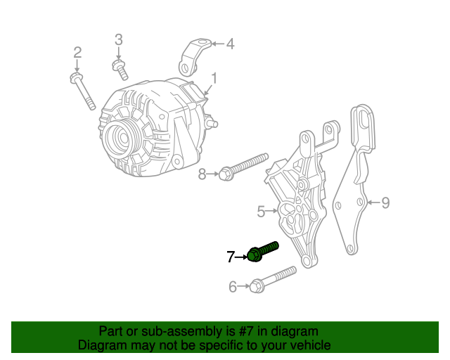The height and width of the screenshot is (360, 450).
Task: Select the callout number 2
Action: tap(77, 52)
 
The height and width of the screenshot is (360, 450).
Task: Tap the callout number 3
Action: tap(118, 39)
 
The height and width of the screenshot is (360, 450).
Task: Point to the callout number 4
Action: tap(230, 44)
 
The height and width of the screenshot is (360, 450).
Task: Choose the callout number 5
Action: tap(260, 210)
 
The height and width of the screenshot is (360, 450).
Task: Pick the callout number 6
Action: tap(233, 286)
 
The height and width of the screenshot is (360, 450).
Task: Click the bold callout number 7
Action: tap(231, 257)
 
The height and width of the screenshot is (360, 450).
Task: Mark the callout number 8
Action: tap(202, 174)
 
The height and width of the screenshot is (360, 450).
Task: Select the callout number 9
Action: tap(385, 203)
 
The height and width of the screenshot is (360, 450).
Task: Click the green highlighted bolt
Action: tap(263, 251)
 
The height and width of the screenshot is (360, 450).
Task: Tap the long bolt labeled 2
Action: tap(84, 91)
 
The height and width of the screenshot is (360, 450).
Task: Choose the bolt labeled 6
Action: tap(275, 278)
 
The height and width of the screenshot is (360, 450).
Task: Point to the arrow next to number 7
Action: tap(243, 257)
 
